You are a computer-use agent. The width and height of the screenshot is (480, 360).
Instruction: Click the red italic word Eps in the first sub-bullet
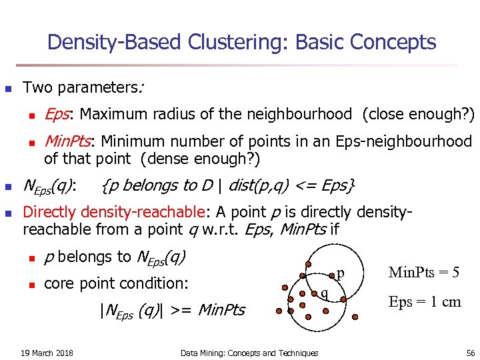tap(58, 114)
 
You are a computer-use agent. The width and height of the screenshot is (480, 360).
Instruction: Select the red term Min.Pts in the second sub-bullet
tap(69, 141)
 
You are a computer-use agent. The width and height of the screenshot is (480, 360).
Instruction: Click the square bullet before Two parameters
tap(9, 88)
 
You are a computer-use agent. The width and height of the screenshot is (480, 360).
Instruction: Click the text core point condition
tap(116, 283)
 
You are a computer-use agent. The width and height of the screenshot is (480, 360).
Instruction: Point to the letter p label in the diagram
tap(340, 273)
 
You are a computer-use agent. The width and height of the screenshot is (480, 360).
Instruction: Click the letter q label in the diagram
tap(324, 294)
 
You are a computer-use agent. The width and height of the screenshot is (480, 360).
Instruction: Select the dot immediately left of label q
tap(314, 293)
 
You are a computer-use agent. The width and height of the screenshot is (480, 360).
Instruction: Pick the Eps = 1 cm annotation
tap(425, 301)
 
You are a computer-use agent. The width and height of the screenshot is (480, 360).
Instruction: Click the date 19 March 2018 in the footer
tap(47, 353)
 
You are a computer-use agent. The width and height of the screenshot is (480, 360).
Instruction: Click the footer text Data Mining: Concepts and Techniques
tap(249, 353)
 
